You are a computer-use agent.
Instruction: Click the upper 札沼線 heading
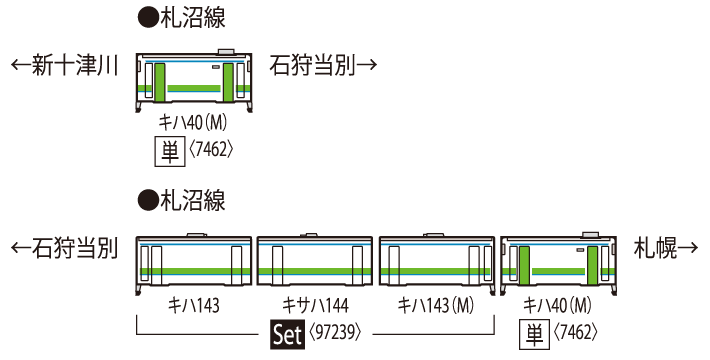(x=178, y=18)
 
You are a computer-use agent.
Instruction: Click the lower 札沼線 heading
(x=178, y=201)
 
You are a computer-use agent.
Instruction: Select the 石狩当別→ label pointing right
(x=323, y=67)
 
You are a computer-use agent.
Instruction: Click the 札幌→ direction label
(x=667, y=248)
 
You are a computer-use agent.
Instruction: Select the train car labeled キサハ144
(x=315, y=262)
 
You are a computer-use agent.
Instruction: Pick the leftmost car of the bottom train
(x=194, y=262)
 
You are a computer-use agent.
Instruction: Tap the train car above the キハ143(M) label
(x=437, y=262)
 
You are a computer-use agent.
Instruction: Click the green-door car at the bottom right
(x=560, y=262)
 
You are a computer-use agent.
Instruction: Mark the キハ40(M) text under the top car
(x=196, y=122)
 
